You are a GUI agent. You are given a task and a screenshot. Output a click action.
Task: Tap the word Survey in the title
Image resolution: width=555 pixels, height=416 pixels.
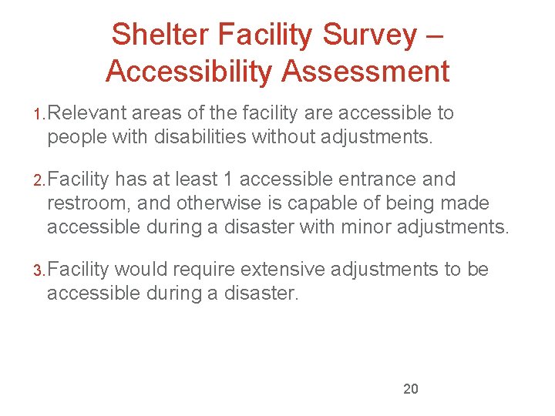(x=366, y=35)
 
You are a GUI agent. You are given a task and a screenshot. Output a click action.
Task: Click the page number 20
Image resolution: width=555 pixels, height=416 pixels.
(x=411, y=389)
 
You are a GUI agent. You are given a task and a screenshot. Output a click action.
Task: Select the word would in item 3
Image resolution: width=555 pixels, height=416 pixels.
(x=143, y=270)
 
